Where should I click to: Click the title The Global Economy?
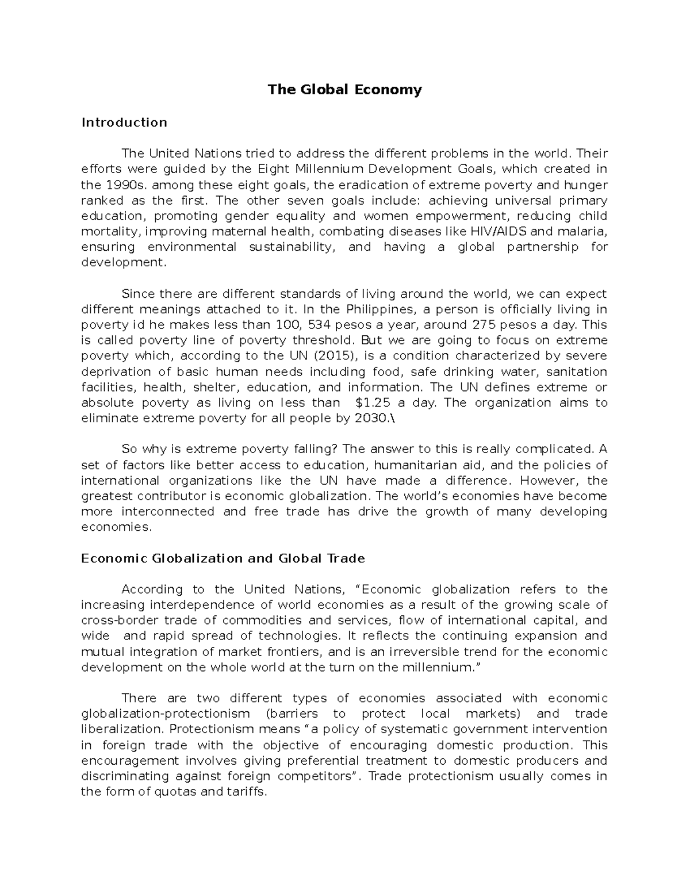click(344, 90)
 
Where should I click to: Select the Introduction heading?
click(124, 122)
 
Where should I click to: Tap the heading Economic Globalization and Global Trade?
click(223, 558)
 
